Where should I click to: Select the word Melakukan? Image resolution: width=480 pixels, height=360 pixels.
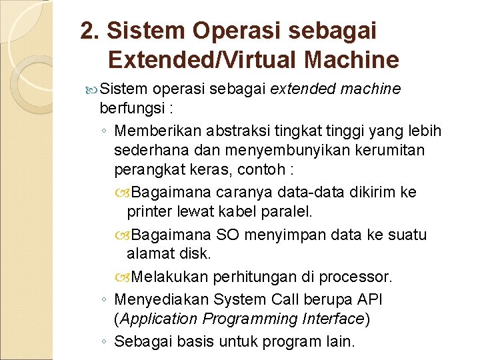tap(170, 277)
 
